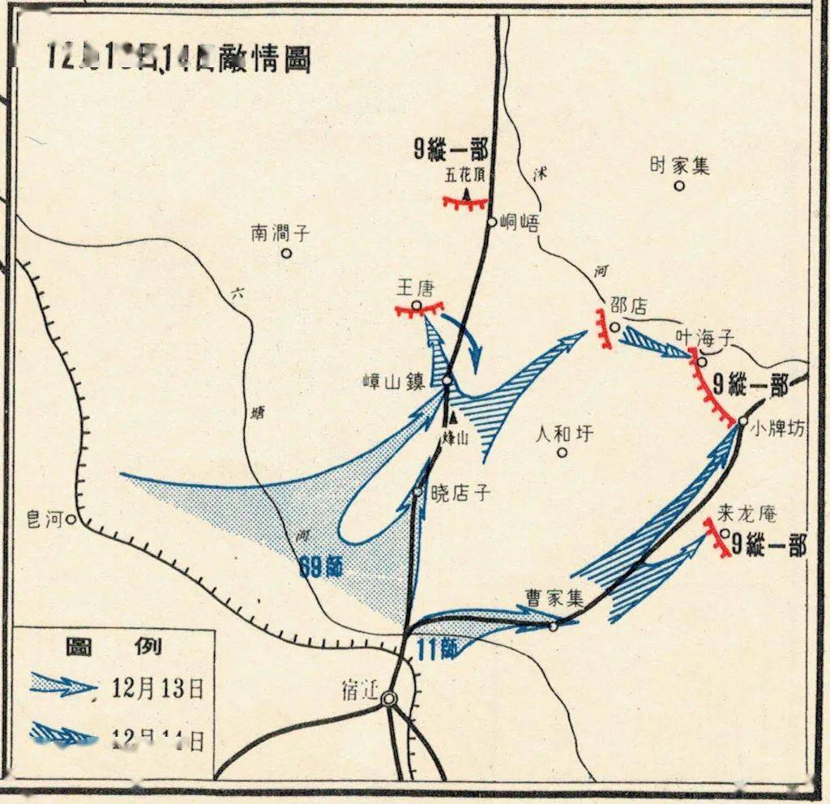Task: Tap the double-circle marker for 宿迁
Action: coord(391,699)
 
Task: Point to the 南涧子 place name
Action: coord(280,234)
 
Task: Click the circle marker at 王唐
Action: coord(417,306)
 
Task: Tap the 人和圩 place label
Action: coord(564,434)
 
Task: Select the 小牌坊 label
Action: coord(778,430)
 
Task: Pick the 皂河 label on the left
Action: coord(45,519)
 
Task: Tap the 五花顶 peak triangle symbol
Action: coord(468,194)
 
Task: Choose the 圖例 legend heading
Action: coord(113,646)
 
